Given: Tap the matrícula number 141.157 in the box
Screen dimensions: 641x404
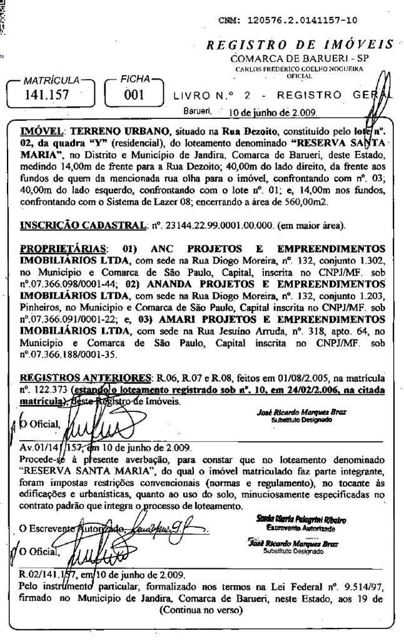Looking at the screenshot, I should click(x=46, y=96).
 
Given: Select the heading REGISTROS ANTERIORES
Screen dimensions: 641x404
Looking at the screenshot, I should click(x=82, y=378).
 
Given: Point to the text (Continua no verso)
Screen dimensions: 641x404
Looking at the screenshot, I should click(x=201, y=608).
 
